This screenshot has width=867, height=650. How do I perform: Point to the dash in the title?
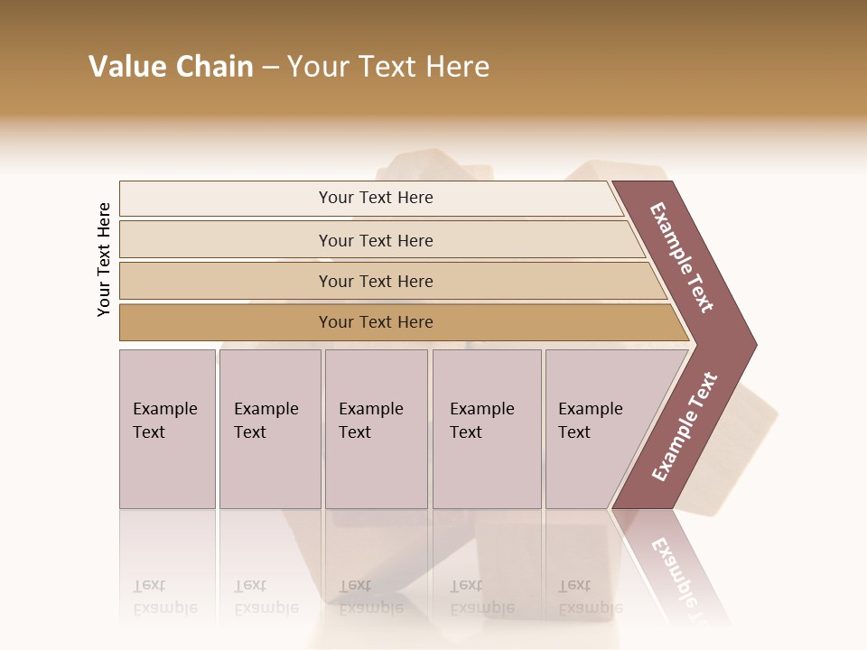tap(270, 68)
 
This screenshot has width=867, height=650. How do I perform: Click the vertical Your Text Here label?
tap(104, 259)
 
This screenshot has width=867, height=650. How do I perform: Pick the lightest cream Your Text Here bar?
tap(376, 198)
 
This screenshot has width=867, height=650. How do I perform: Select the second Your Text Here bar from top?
tap(376, 240)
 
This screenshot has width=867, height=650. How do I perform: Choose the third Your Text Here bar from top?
tap(376, 281)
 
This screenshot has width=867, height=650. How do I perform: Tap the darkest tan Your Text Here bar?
tap(376, 322)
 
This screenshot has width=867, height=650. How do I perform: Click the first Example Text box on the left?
tap(167, 429)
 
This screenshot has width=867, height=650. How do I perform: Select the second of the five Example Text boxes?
tap(269, 429)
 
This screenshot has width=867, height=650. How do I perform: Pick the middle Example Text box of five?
tap(376, 429)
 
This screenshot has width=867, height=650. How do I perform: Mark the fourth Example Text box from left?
tap(487, 429)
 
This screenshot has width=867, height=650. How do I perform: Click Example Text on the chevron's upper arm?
tap(683, 257)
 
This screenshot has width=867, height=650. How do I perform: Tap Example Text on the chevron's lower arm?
tap(685, 427)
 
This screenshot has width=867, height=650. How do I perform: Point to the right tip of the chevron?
tap(753, 344)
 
